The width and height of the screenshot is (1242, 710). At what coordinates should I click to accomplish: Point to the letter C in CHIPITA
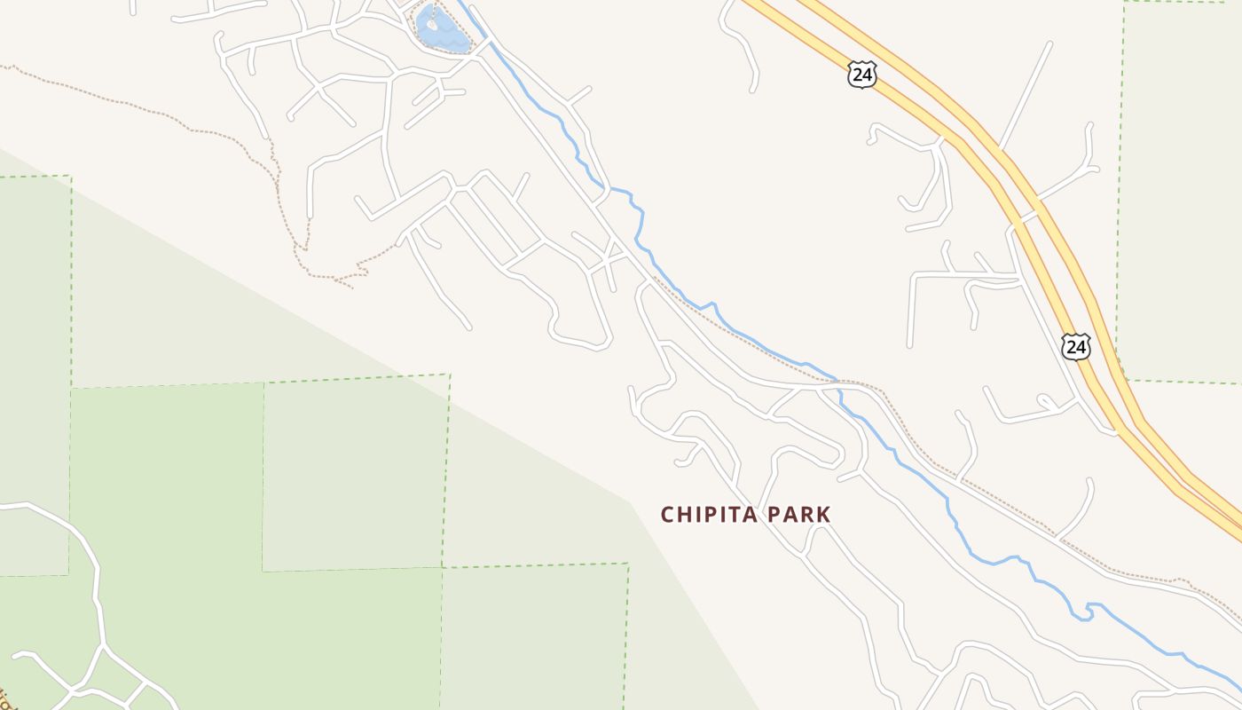(668, 515)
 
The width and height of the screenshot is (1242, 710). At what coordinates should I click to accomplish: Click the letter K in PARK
(824, 515)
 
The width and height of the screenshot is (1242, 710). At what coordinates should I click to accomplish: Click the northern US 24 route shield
(861, 75)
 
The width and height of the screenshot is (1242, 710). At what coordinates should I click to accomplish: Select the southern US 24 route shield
(1076, 346)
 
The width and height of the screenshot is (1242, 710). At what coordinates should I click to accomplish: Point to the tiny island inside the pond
(432, 24)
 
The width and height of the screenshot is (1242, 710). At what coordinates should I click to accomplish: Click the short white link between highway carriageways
(1030, 215)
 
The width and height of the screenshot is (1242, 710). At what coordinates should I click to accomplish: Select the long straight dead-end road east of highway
(1026, 93)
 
